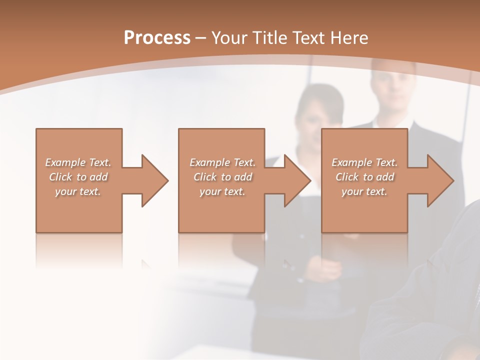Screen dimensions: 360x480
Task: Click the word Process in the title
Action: (157, 38)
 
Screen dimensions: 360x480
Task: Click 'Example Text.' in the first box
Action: (78, 162)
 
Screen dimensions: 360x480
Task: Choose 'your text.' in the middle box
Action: (222, 191)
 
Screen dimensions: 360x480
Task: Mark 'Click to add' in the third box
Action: (364, 177)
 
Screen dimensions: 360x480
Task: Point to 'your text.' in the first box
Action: (78, 191)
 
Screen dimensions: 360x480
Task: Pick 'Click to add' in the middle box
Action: (222, 177)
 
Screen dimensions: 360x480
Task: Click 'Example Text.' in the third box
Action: (364, 162)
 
